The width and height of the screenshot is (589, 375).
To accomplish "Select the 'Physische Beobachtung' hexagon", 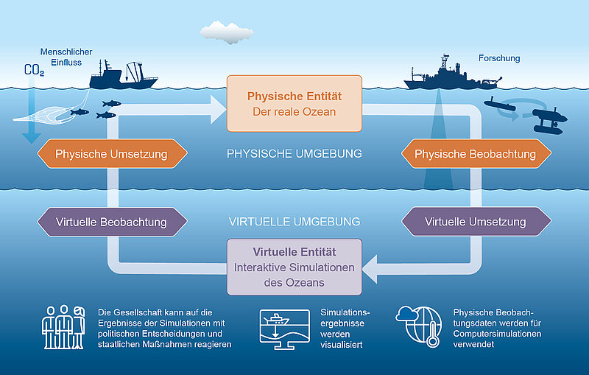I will click(476, 154).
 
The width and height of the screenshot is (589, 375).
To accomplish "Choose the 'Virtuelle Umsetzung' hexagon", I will click(476, 221).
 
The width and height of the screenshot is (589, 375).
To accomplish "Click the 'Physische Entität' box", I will click(294, 104).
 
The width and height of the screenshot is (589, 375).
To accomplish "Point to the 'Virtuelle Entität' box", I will click(294, 266).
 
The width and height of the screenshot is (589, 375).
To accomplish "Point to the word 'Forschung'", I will click(498, 57).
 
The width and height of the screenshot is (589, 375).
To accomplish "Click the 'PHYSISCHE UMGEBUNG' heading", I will click(294, 154).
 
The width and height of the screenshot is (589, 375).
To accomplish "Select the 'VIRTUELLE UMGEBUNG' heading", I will click(294, 221).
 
